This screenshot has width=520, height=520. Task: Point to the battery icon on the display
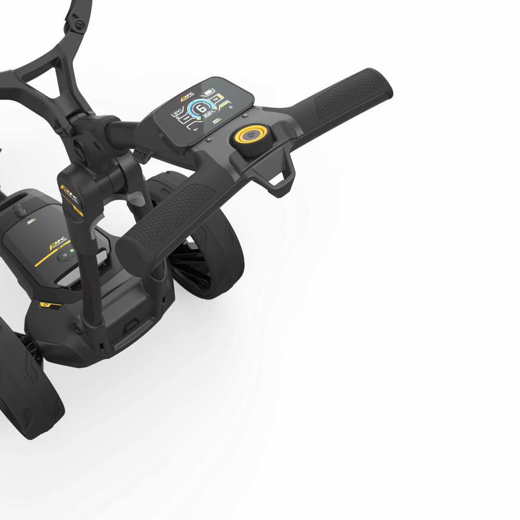coord(210,93)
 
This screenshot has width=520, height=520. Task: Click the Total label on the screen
coord(179,119)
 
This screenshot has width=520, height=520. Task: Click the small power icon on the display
coord(230,107)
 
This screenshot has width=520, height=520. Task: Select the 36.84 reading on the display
coord(210,115)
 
